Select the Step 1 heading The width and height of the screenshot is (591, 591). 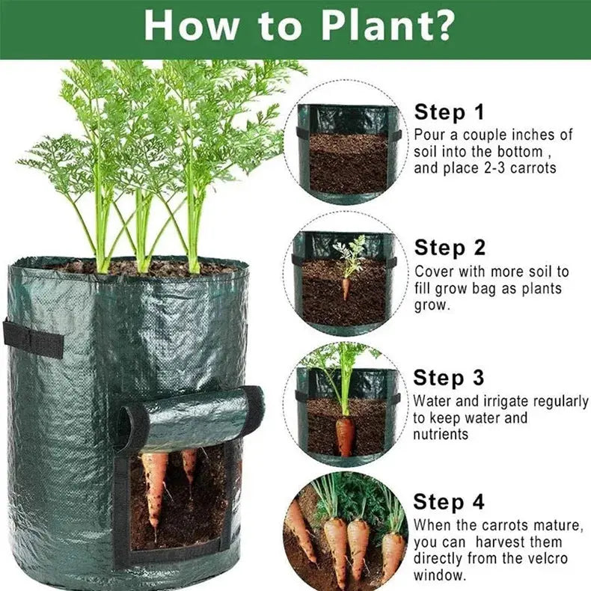(449, 112)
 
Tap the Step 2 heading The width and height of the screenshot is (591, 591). (449, 247)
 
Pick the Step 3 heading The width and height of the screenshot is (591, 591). (449, 377)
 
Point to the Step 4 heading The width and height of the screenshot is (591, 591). (449, 500)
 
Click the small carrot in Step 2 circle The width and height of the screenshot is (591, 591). (346, 287)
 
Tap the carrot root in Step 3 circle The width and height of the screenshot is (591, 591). (345, 435)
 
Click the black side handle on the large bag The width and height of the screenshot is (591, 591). (34, 338)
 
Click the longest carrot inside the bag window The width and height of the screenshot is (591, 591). (156, 490)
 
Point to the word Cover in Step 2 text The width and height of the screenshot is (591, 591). (433, 272)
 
